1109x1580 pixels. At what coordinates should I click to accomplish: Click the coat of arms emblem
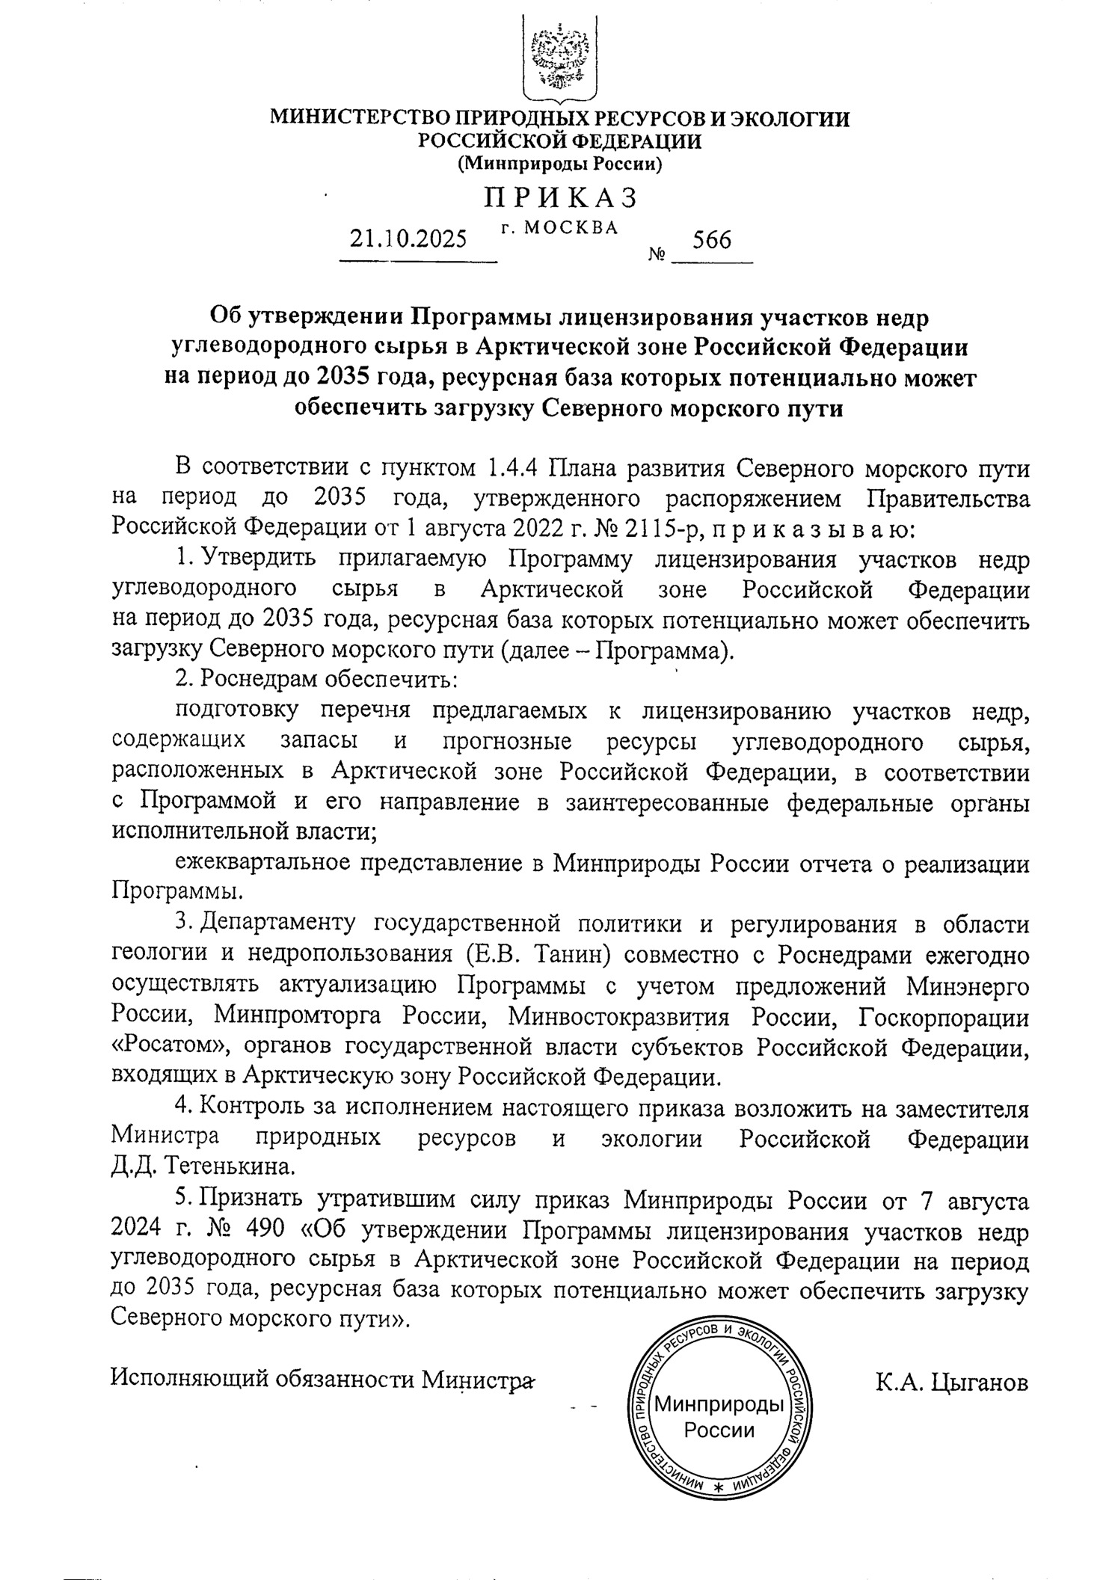tap(559, 60)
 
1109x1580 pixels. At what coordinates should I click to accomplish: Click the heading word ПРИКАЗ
tap(560, 197)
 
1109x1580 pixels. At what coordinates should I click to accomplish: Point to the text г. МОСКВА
tap(559, 227)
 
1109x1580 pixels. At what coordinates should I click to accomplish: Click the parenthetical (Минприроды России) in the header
tap(559, 164)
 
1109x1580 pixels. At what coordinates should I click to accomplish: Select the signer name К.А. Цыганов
tap(953, 1381)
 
